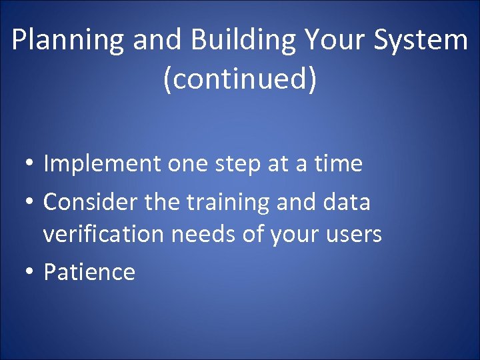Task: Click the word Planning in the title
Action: (x=68, y=41)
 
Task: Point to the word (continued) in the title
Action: (x=240, y=79)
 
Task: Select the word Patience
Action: (x=89, y=271)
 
